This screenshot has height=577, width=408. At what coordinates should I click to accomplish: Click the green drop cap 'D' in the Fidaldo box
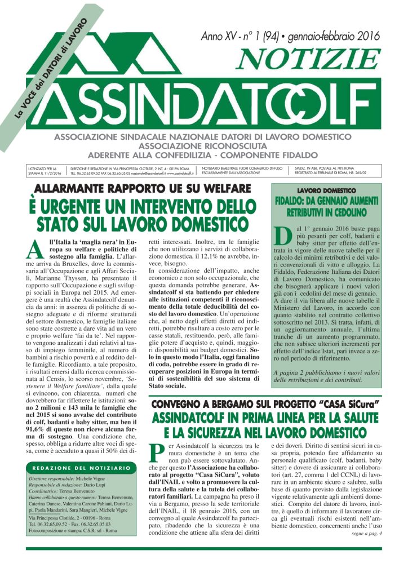click(x=283, y=237)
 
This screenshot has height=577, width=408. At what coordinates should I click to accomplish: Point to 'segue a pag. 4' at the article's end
click(x=366, y=533)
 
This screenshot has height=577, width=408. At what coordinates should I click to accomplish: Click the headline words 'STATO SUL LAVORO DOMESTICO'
click(x=143, y=221)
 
